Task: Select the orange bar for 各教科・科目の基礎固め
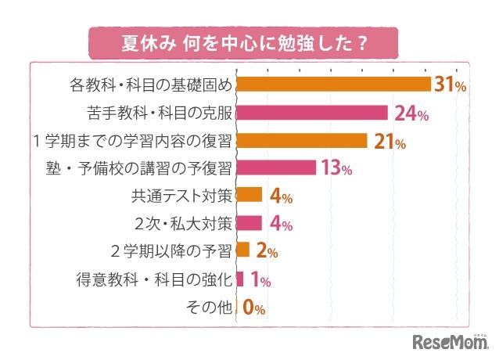tap(333, 85)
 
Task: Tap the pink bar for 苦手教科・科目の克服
tap(312, 113)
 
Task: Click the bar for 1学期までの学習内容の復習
tap(302, 141)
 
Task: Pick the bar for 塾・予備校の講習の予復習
tap(276, 168)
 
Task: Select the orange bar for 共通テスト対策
tap(249, 195)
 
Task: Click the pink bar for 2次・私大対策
tap(249, 223)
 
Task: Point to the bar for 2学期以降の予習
tap(242, 250)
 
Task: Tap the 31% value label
tap(451, 85)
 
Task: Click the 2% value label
tap(267, 251)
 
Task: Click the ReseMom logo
tap(449, 341)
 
